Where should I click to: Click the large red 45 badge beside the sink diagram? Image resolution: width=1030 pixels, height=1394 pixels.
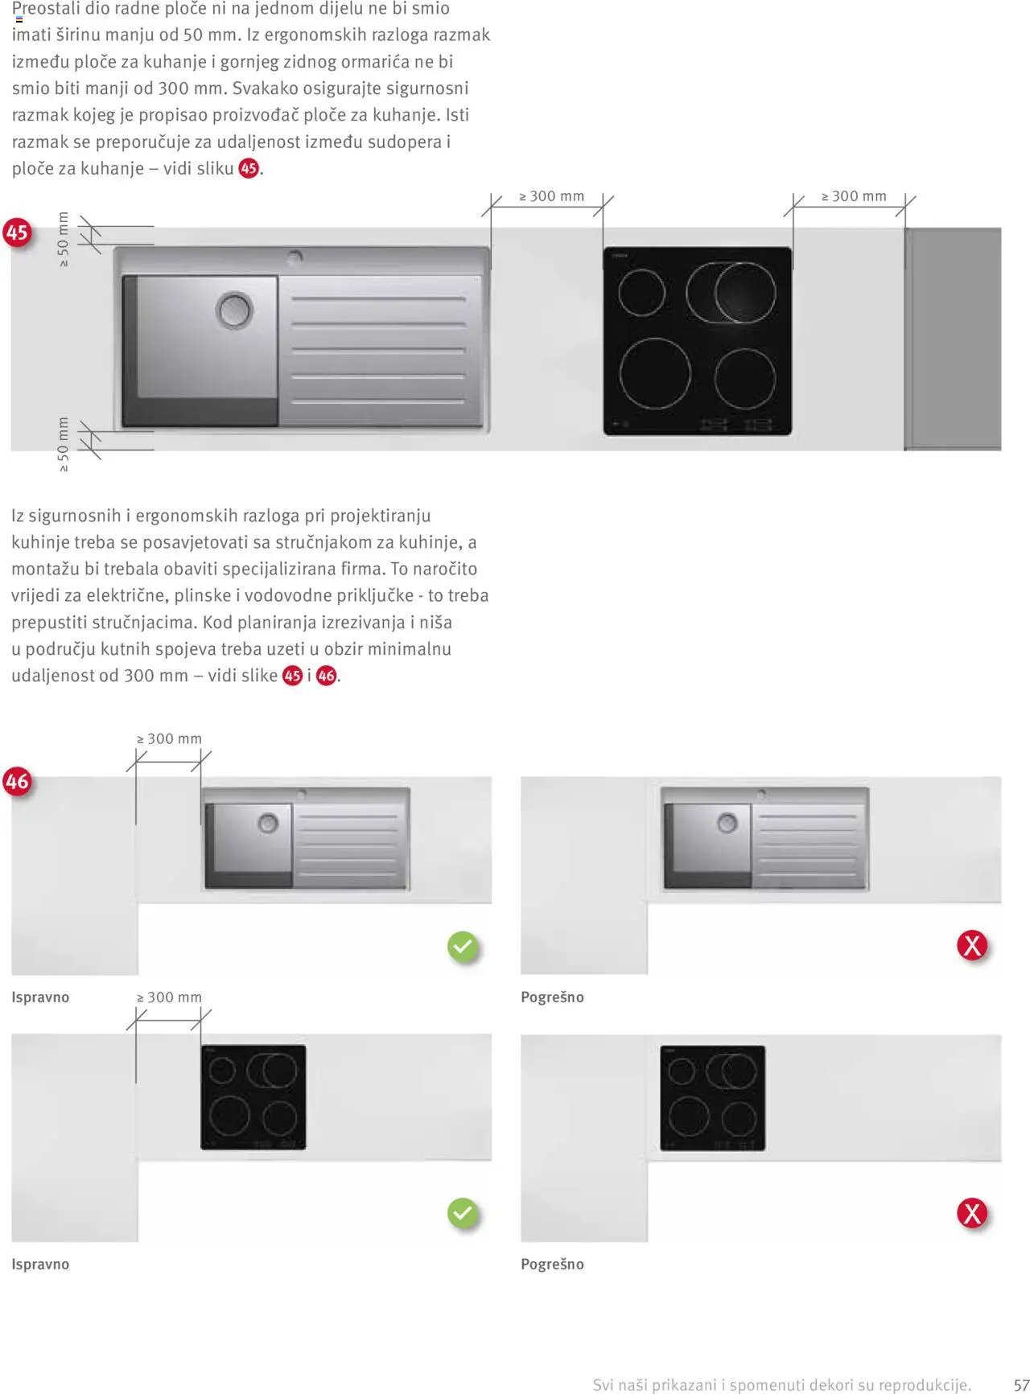point(17,232)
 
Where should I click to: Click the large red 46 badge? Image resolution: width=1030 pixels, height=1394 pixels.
point(17,781)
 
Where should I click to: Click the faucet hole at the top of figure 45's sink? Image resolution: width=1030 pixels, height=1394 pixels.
point(295,257)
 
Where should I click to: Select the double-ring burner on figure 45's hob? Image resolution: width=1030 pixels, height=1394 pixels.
point(732,293)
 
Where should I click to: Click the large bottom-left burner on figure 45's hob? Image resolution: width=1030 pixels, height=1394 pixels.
point(655,374)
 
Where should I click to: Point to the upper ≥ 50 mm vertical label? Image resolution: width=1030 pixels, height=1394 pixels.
point(64,239)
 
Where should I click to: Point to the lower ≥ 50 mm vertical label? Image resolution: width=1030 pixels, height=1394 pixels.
point(64,444)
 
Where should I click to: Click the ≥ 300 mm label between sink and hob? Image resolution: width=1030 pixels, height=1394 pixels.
point(552,196)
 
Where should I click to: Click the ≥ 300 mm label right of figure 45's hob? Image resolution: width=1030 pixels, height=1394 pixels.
point(854,196)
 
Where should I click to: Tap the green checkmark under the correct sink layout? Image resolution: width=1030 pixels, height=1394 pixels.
point(463,947)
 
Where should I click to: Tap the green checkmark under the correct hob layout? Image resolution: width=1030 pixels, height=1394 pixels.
point(463,1213)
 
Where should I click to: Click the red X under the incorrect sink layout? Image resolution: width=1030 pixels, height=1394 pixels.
point(972,945)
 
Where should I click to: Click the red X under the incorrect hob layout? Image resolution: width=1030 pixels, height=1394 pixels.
point(972,1213)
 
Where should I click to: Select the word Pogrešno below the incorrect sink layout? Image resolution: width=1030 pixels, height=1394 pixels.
point(552,997)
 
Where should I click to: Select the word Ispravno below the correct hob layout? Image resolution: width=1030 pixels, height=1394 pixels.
point(40,1264)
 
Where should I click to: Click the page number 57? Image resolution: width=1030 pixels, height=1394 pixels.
point(1021,1385)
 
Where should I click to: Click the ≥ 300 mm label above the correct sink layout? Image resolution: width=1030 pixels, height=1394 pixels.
point(170,739)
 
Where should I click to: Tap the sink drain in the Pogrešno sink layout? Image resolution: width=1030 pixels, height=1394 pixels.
point(727,824)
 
